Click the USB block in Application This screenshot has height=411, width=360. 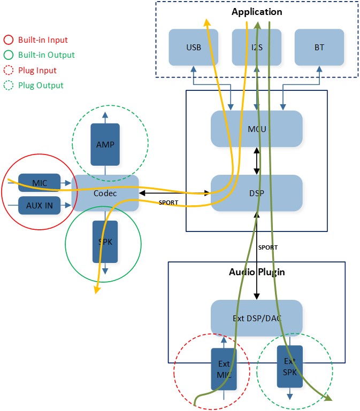point(194,48)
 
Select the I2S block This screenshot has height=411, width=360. point(257,48)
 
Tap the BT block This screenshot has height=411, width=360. point(319,48)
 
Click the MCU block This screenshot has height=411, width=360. point(257,129)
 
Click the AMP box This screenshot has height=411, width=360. point(105,144)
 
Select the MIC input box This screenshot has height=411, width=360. point(39,183)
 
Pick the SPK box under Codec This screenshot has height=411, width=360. point(105,242)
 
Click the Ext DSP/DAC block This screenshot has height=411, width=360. point(257,319)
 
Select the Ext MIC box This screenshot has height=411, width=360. point(224,369)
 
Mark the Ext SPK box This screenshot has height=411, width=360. point(290,366)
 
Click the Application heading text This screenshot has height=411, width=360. point(257,12)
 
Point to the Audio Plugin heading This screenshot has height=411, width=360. point(257,272)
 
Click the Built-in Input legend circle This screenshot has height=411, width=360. point(9,40)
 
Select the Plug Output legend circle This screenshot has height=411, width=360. point(9,85)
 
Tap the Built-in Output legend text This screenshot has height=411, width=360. point(47,55)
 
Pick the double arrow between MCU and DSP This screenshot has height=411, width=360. point(257,161)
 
